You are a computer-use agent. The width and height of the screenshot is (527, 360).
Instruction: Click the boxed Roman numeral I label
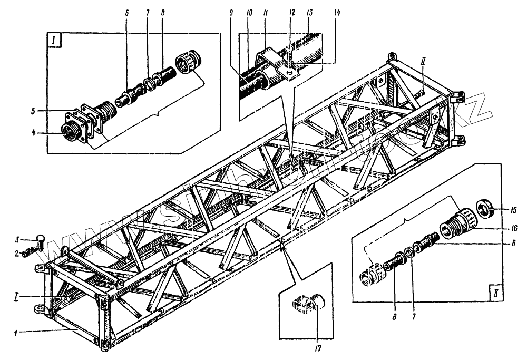pyautogui.click(x=55, y=41)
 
